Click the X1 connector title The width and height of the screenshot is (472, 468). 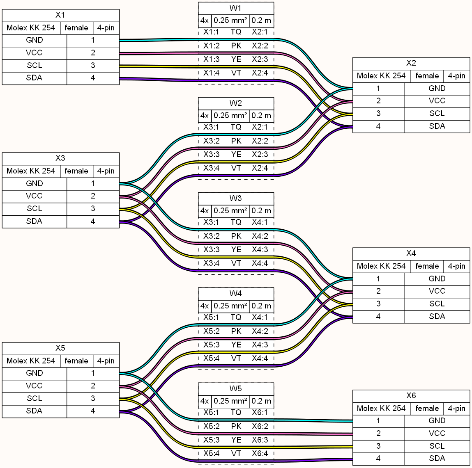(x=60, y=15)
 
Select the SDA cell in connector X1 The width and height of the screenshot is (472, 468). (x=35, y=78)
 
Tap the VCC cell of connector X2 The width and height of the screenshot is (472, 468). (x=437, y=101)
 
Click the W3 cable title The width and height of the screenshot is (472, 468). (x=236, y=199)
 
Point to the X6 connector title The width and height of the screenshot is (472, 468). (x=411, y=396)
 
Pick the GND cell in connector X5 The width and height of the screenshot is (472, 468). (x=35, y=373)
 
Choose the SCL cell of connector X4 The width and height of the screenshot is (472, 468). (x=437, y=304)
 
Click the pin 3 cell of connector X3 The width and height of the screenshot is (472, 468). (x=93, y=209)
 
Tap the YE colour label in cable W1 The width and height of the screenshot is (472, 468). (x=236, y=59)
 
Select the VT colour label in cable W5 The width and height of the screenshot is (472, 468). (x=236, y=454)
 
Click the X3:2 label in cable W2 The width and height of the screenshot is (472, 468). (x=211, y=141)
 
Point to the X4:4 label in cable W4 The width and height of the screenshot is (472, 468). (x=260, y=358)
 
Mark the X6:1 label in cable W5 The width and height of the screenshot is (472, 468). (x=260, y=413)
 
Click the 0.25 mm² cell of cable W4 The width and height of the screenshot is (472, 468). (x=230, y=306)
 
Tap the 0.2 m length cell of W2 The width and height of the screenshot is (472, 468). (x=261, y=116)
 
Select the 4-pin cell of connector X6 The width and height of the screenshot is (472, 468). (x=456, y=409)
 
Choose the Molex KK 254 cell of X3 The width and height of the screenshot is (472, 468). (x=31, y=171)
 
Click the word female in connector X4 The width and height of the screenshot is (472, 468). (x=427, y=266)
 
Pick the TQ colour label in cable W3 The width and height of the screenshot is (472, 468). (x=236, y=222)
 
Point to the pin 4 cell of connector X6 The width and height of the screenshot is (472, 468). (x=379, y=459)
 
